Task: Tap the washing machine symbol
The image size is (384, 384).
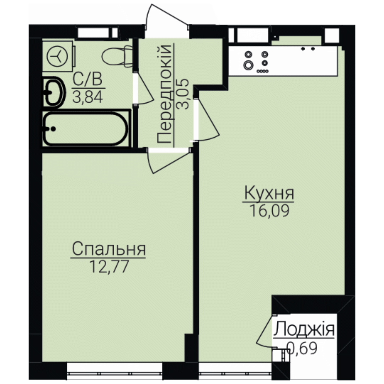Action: [x=57, y=56]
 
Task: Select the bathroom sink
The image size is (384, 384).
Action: [x=54, y=92]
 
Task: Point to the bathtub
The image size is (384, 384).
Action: [x=86, y=129]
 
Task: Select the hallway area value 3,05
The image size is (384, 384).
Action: [x=183, y=94]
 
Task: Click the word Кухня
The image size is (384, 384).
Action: [x=269, y=193]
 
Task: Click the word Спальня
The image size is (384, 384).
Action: [x=109, y=249]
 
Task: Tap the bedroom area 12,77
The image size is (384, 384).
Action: [x=109, y=266]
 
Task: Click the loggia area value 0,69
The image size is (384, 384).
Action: [x=302, y=348]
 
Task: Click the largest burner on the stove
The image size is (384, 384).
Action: [x=248, y=65]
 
